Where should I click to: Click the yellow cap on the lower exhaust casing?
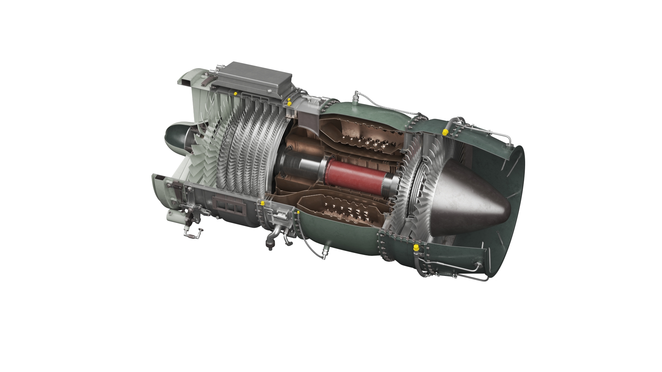coord(416,247)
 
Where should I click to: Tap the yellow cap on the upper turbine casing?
coord(445,132)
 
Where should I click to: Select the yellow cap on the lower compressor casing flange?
coord(262,203)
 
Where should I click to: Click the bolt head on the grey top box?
coord(268,91)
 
